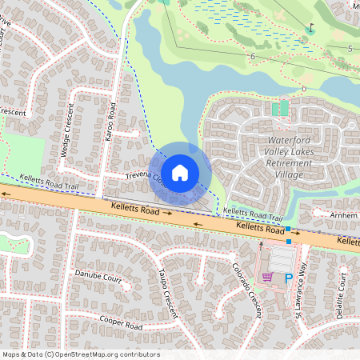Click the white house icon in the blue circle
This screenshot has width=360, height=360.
click(x=180, y=172)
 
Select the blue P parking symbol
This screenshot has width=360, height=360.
click(x=288, y=277)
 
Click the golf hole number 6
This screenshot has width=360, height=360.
click(x=252, y=56)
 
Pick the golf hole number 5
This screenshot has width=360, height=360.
click(x=350, y=49)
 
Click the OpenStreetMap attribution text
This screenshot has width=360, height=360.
click(x=81, y=354)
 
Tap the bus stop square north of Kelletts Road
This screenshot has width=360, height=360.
click(x=288, y=229)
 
